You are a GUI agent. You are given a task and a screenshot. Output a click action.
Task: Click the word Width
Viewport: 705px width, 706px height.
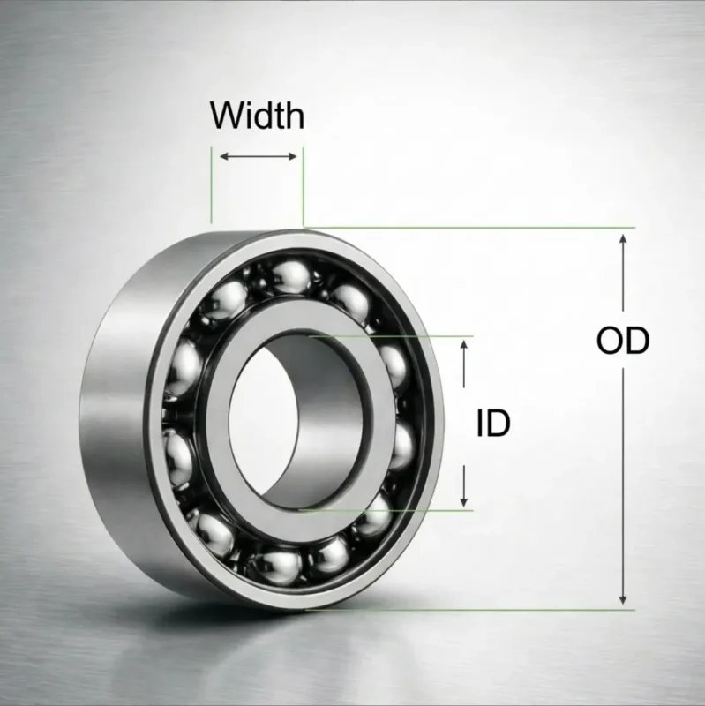(257, 116)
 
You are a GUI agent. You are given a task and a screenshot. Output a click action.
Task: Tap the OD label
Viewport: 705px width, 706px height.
(623, 341)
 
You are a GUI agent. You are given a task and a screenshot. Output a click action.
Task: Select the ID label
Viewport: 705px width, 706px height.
(493, 424)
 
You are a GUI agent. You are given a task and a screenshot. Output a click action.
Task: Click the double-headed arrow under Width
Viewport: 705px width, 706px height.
(258, 156)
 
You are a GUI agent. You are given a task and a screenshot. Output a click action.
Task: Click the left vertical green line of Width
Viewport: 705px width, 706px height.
(212, 185)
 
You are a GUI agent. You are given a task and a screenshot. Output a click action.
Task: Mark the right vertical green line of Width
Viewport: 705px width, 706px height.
(303, 185)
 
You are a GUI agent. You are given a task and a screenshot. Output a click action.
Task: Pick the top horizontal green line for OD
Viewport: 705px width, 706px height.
(494, 227)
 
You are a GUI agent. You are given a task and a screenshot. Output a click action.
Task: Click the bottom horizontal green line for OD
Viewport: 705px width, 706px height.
(494, 609)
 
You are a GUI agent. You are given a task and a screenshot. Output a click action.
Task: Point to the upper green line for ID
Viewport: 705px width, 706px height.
(397, 336)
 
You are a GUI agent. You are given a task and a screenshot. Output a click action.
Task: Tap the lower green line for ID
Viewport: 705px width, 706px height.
(397, 509)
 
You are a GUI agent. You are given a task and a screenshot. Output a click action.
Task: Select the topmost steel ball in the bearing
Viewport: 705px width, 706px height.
(286, 274)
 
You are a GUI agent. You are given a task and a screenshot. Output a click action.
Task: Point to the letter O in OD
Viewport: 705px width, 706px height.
(611, 341)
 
